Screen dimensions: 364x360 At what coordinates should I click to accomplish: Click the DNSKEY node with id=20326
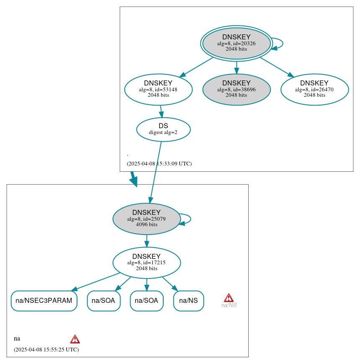(x=237, y=43)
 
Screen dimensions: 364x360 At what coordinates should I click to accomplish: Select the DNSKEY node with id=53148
(x=158, y=89)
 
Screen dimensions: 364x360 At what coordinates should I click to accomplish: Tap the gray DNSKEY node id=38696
(x=237, y=89)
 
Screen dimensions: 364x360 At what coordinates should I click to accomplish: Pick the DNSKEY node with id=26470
(x=314, y=89)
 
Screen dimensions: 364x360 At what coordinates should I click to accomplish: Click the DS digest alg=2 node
(x=163, y=129)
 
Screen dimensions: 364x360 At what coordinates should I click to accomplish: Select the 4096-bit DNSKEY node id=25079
(x=147, y=219)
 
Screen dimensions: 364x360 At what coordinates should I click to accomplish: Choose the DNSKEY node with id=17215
(x=147, y=263)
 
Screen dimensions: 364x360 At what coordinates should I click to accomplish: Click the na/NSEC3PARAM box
(x=44, y=301)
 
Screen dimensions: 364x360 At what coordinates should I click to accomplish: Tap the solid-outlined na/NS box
(x=188, y=301)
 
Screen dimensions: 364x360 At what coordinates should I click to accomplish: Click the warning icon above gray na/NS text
(x=229, y=298)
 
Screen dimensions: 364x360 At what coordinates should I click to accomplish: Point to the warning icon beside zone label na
(x=75, y=339)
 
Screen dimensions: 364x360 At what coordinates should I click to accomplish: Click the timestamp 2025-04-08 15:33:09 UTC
(x=159, y=164)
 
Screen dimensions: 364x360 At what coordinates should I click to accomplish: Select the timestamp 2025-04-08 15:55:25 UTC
(x=46, y=349)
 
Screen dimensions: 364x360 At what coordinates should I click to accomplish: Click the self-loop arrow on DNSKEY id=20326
(x=282, y=43)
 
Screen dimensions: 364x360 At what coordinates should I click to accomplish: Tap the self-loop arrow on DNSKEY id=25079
(x=190, y=219)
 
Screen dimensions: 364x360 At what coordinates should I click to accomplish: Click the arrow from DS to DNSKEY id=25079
(x=156, y=172)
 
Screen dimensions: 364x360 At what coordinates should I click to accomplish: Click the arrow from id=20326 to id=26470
(x=276, y=67)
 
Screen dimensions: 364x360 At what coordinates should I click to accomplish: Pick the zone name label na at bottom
(x=17, y=338)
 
